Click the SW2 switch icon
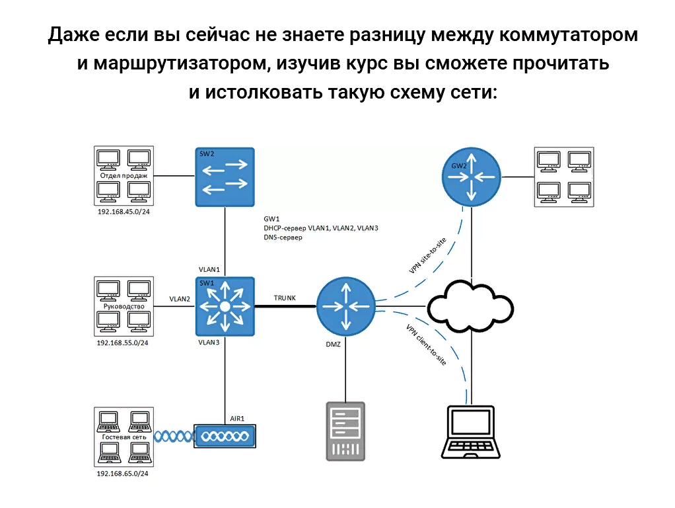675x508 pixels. coord(225,176)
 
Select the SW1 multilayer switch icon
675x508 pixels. coord(225,306)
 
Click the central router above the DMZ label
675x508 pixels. coord(345,306)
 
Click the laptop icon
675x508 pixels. coord(470,431)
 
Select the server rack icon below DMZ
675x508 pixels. coord(345,431)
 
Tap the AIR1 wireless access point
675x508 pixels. coord(225,437)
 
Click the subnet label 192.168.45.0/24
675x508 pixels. coord(123,212)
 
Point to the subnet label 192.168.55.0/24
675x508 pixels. coord(123,343)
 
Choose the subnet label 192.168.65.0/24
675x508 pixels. coord(123,474)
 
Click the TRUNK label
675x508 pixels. coord(285,298)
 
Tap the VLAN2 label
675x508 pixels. coord(180,298)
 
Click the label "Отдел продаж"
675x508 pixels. coord(124,175)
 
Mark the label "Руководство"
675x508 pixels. coord(124,306)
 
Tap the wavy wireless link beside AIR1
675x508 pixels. coord(173,437)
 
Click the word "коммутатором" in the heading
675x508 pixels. coord(569,35)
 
